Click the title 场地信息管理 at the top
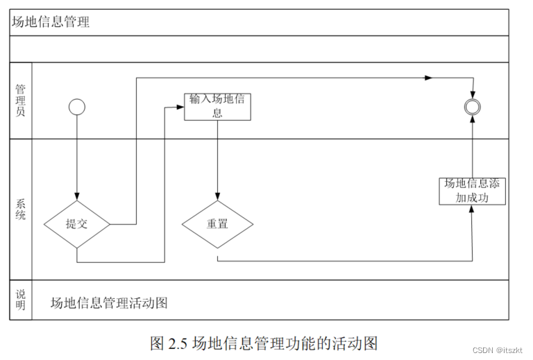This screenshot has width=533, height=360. coord(51,22)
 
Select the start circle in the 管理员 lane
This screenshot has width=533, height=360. coord(76,107)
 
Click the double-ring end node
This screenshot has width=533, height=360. coord(473,106)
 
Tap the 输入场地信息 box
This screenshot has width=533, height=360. coord(217,107)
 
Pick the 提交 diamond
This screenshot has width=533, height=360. coord(76,224)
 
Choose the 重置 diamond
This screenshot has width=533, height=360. coord(217,224)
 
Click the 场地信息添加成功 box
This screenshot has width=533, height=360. coord(472,191)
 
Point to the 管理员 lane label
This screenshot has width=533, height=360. coord(21,101)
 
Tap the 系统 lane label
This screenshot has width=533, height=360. coord(21,209)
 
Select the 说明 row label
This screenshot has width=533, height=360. coord(21,300)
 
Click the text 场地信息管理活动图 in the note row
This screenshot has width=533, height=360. coord(110,303)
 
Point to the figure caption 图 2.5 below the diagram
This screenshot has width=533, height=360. coord(263,343)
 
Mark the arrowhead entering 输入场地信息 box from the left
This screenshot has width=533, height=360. coord(181,107)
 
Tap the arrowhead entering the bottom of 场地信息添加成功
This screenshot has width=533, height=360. coord(472,209)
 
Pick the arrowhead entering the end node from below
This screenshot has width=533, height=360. coord(473,117)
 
